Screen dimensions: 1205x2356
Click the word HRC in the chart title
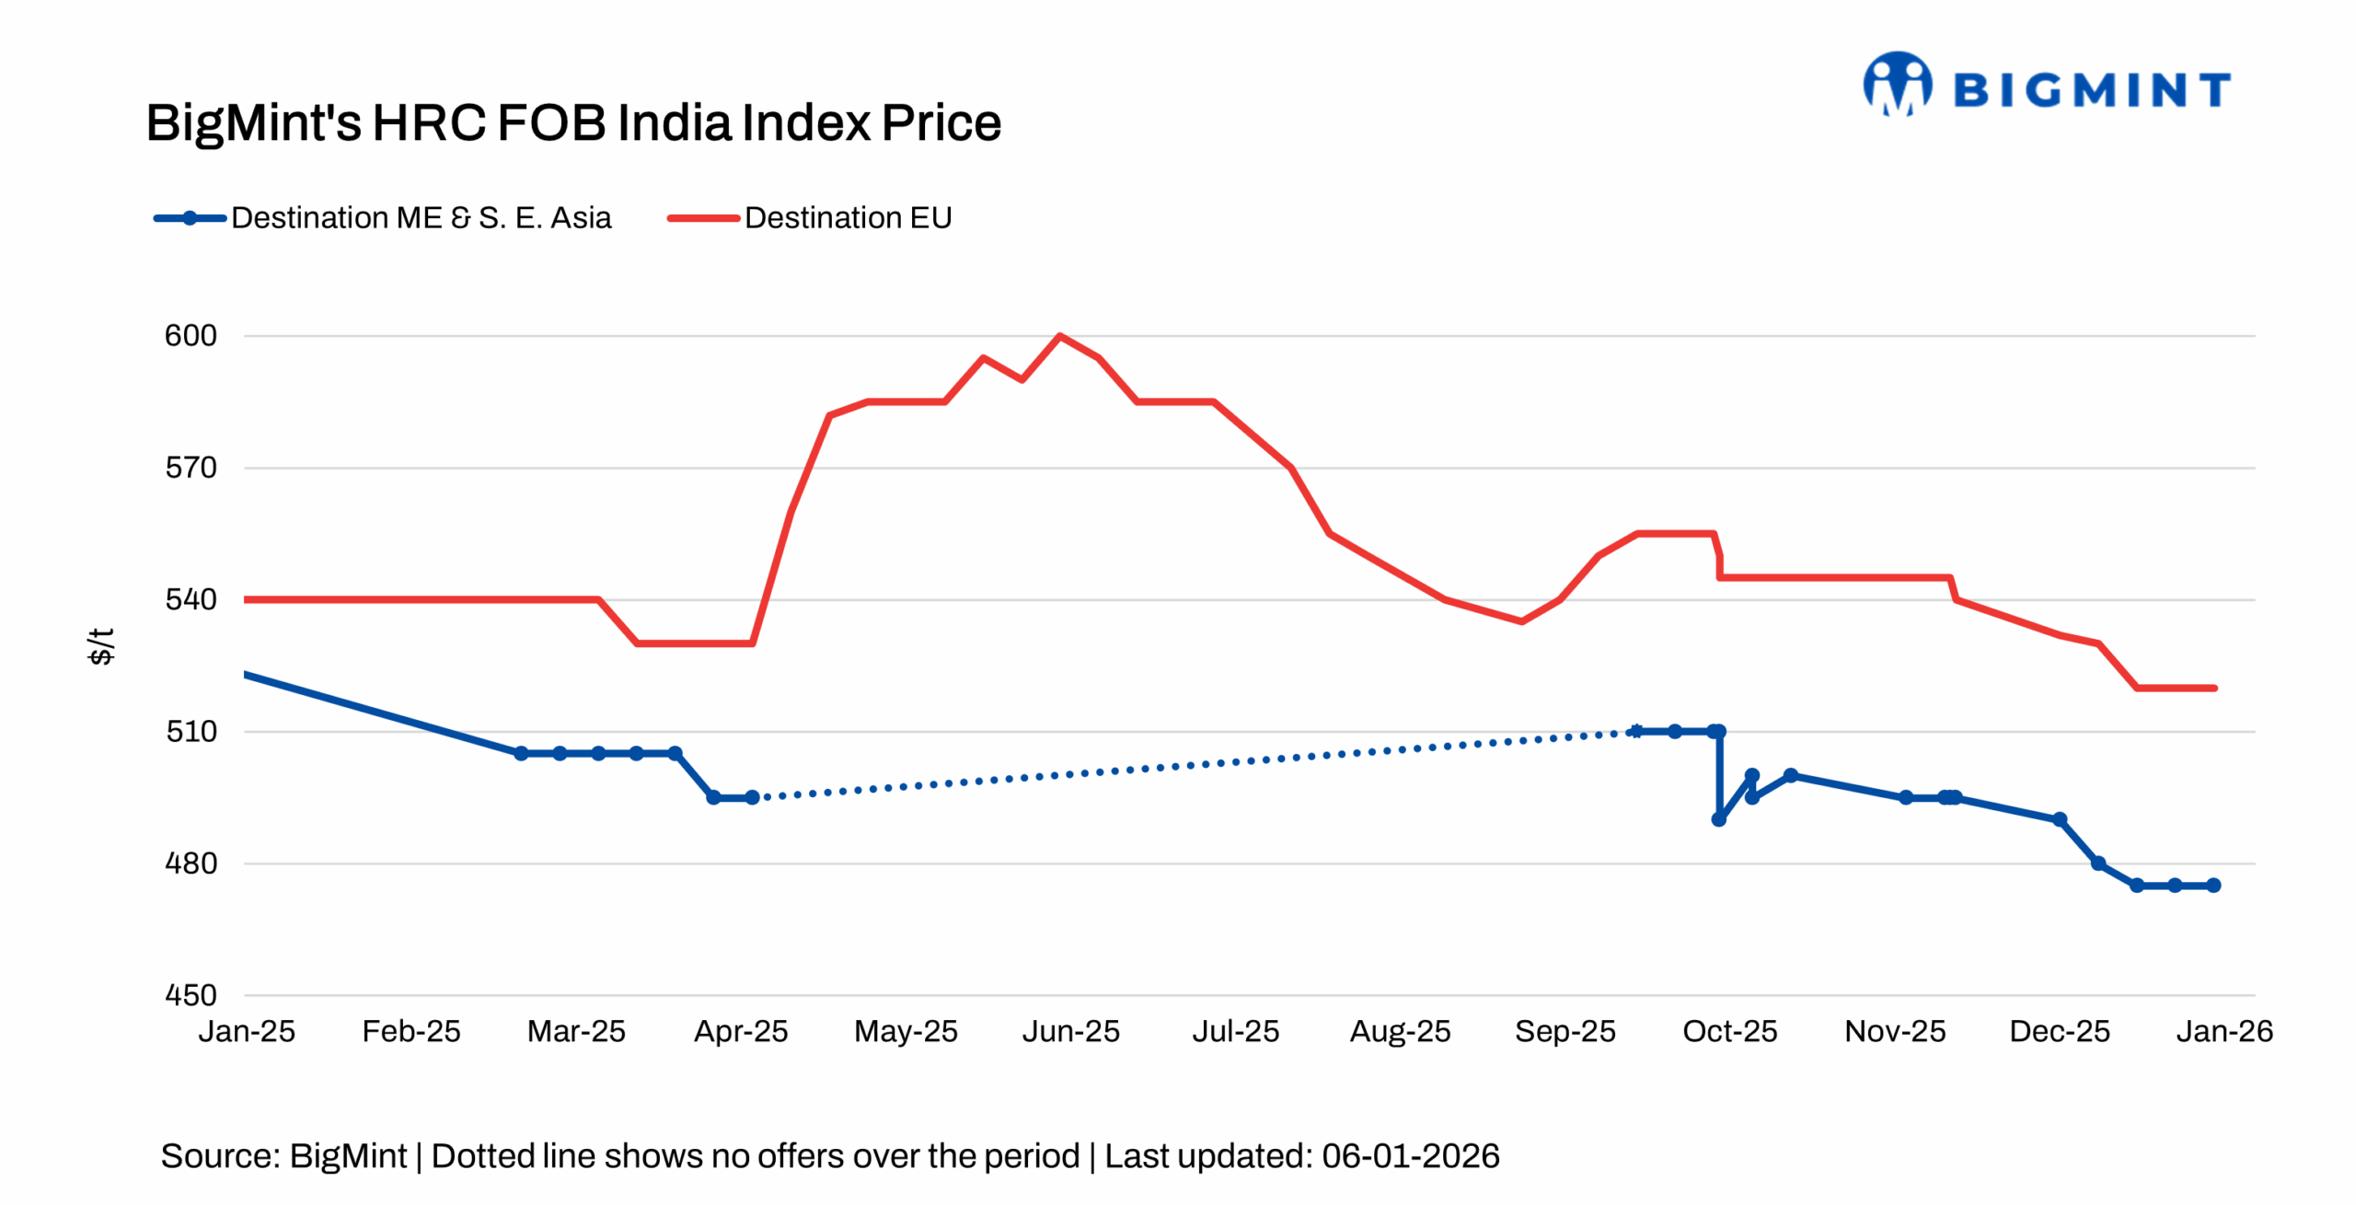[x=429, y=122]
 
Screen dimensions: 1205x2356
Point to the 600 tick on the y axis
[x=191, y=336]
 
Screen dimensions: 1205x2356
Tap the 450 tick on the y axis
[x=191, y=995]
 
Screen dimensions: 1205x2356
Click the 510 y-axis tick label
[x=191, y=732]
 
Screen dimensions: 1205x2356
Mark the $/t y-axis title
[x=100, y=646]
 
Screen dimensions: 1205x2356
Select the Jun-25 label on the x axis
[x=1070, y=1031]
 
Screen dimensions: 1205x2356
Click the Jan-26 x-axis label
[x=2223, y=1031]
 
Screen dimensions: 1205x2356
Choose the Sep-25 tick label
[x=1565, y=1031]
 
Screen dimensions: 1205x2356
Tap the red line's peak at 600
[x=1060, y=336]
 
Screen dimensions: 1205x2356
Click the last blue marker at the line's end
[x=2213, y=886]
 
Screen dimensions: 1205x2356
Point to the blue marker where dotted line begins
[x=752, y=797]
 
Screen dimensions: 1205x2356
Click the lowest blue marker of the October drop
[x=1718, y=819]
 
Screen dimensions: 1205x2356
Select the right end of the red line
[x=2213, y=688]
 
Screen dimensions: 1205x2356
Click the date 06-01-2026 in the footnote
[x=1410, y=1156]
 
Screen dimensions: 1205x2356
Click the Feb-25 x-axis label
[x=410, y=1031]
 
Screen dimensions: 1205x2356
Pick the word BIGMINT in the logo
[x=2091, y=90]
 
